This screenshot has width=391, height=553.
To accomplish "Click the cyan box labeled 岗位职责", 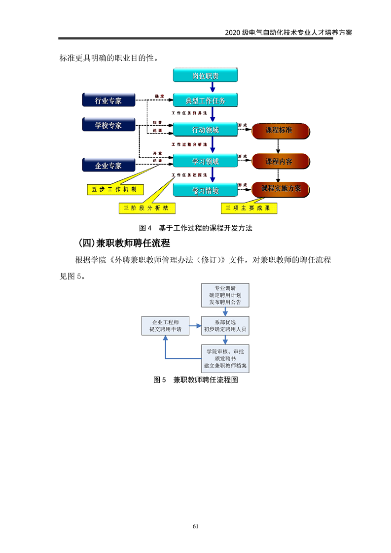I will (x=206, y=76).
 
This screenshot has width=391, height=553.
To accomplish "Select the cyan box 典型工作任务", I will (x=206, y=101).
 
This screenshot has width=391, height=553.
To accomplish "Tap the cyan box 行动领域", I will (x=206, y=130).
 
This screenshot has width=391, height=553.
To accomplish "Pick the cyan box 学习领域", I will (x=206, y=161).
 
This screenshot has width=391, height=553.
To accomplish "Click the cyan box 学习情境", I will (x=206, y=190).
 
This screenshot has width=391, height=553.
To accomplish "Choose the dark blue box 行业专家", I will (x=108, y=101).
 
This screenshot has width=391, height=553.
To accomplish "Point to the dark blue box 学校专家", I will (x=108, y=125).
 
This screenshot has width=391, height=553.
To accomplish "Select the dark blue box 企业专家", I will (x=108, y=166).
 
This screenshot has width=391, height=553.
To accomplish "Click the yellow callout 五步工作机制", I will (x=114, y=189).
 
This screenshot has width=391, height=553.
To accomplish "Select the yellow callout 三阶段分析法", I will (x=147, y=208).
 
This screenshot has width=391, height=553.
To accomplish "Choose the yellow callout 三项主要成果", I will (x=249, y=208).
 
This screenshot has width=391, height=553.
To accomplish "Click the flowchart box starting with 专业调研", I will (x=225, y=295).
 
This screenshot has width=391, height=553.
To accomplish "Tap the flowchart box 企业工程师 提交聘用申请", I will (x=165, y=325).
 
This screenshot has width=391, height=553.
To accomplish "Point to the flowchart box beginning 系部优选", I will (x=225, y=325).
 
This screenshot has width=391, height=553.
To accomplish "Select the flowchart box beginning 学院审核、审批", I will (x=225, y=359).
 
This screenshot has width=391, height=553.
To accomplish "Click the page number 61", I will (x=195, y=526).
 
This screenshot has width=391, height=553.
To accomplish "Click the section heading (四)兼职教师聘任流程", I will (x=124, y=243).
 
